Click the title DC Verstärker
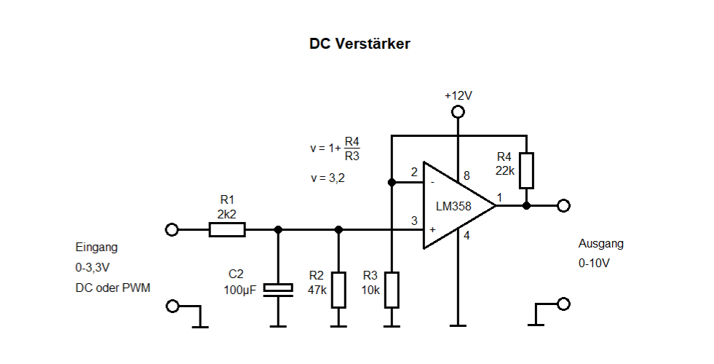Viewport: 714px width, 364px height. (360, 44)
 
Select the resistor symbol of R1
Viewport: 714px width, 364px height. (227, 229)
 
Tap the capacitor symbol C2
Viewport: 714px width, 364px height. (278, 290)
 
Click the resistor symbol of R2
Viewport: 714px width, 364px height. (338, 290)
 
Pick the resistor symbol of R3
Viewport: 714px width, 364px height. (392, 290)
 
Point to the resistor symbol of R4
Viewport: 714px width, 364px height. (526, 171)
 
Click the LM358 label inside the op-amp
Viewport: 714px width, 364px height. (453, 206)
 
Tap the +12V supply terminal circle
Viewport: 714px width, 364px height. (458, 111)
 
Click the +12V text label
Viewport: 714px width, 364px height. (459, 95)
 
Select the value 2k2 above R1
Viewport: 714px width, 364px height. (227, 214)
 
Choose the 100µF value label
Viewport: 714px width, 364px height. (240, 290)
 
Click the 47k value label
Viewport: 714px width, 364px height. (317, 290)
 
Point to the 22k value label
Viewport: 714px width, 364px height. (505, 171)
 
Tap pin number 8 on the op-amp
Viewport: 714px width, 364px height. (467, 176)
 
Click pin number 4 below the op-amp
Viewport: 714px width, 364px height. (467, 236)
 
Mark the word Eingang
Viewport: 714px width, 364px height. (97, 248)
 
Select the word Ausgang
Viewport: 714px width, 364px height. (601, 244)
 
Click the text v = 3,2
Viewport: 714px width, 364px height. (328, 178)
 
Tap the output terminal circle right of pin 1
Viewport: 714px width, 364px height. (564, 206)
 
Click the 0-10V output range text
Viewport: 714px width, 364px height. (594, 263)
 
